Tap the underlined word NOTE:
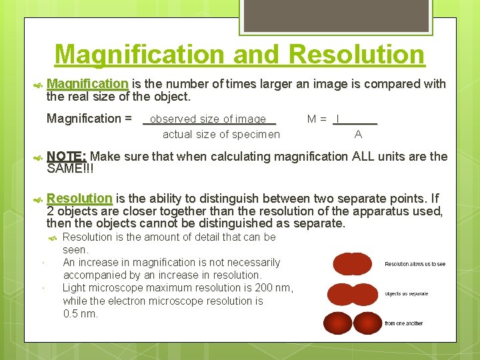click(67, 157)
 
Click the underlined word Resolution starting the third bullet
click(80, 198)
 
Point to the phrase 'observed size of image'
click(208, 119)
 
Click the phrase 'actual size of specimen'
click(221, 134)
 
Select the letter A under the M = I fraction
click(358, 134)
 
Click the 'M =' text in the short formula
click(317, 119)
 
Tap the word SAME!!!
click(71, 169)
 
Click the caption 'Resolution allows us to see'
click(415, 264)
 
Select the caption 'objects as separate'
click(406, 293)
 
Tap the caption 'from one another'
click(403, 323)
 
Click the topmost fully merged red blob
click(352, 264)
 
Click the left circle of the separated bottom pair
click(337, 323)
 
